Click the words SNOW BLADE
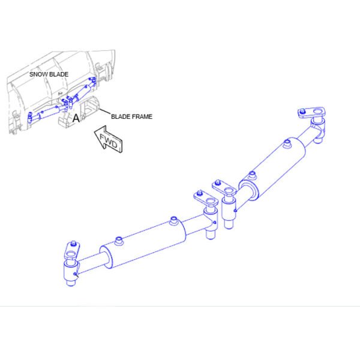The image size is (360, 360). (49, 74)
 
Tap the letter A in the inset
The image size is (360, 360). (76, 118)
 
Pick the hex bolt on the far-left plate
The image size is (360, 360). (74, 244)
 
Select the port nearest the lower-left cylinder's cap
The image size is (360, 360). (118, 241)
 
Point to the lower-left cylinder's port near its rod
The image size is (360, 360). (173, 220)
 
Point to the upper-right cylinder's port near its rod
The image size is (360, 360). (287, 143)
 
